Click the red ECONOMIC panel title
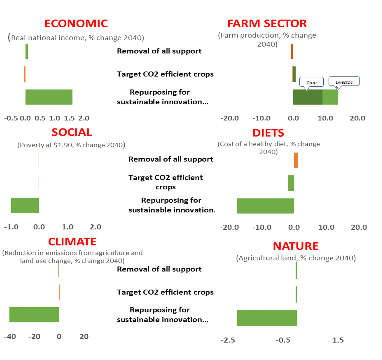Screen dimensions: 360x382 [x=76, y=24]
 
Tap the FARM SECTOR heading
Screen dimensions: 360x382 [x=267, y=24]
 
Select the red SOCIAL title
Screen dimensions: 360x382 [x=72, y=132]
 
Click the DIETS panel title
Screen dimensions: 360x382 [x=268, y=133]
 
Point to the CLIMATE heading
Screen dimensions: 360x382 [x=72, y=242]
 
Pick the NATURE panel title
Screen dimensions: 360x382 [x=296, y=246]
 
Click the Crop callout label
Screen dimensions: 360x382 [x=311, y=82]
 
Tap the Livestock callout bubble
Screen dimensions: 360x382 [x=344, y=82]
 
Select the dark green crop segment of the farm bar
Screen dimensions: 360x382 [x=308, y=97]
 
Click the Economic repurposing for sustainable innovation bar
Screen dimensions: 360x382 [x=49, y=97]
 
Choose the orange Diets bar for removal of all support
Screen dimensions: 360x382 [x=296, y=160]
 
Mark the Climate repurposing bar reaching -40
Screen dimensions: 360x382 [x=34, y=315]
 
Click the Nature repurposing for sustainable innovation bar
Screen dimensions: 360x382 [x=267, y=318]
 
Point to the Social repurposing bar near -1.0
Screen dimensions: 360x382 [x=25, y=205]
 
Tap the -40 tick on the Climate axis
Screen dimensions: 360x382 [x=10, y=337]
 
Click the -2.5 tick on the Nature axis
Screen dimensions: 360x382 [x=228, y=340]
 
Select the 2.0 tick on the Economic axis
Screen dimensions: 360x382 [x=84, y=118]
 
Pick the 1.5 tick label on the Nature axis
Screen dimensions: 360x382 [x=338, y=340]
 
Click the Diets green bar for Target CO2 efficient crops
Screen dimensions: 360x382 [x=291, y=183]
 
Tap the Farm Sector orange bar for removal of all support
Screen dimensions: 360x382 [x=292, y=51]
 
